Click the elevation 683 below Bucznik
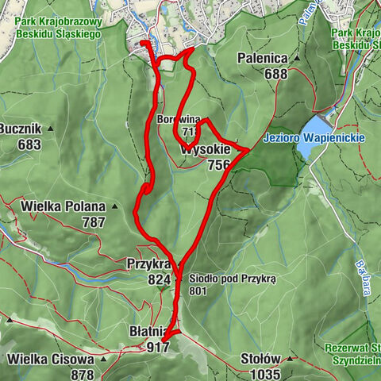click(x=29, y=144)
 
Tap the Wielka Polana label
click(x=60, y=207)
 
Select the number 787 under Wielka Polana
click(x=93, y=223)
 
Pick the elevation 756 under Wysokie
click(x=218, y=165)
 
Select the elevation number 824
click(x=159, y=279)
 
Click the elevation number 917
click(x=158, y=347)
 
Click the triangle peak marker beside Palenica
click(x=295, y=58)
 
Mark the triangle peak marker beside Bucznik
click(x=49, y=129)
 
